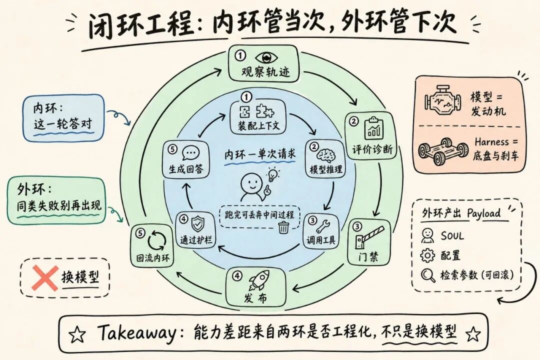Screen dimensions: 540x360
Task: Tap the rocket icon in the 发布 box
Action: [x=258, y=281]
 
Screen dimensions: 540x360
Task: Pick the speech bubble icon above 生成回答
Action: [x=190, y=153]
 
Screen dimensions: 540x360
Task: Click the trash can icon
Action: [x=283, y=227]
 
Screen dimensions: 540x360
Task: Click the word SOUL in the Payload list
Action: [x=452, y=236]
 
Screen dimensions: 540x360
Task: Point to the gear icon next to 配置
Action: [x=427, y=255]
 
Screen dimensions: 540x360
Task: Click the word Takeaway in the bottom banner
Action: [x=136, y=332]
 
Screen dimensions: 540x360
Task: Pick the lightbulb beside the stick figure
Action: [x=273, y=174]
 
